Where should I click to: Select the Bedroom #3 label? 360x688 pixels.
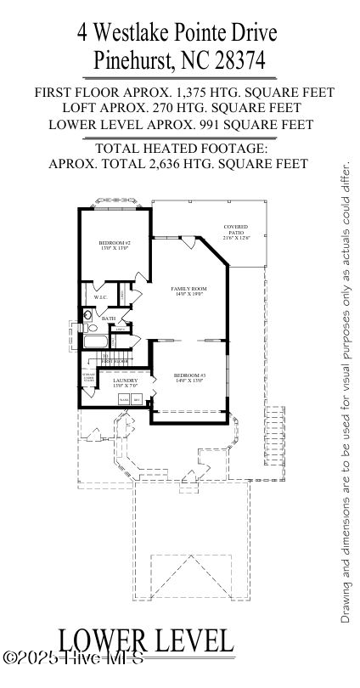(x=190, y=378)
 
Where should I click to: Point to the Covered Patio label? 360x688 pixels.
(x=235, y=232)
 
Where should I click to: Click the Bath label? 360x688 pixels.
(x=109, y=319)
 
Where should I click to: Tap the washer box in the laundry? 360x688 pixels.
(x=123, y=398)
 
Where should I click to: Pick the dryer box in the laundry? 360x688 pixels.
(x=136, y=398)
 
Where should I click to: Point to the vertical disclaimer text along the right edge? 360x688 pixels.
(x=346, y=391)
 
